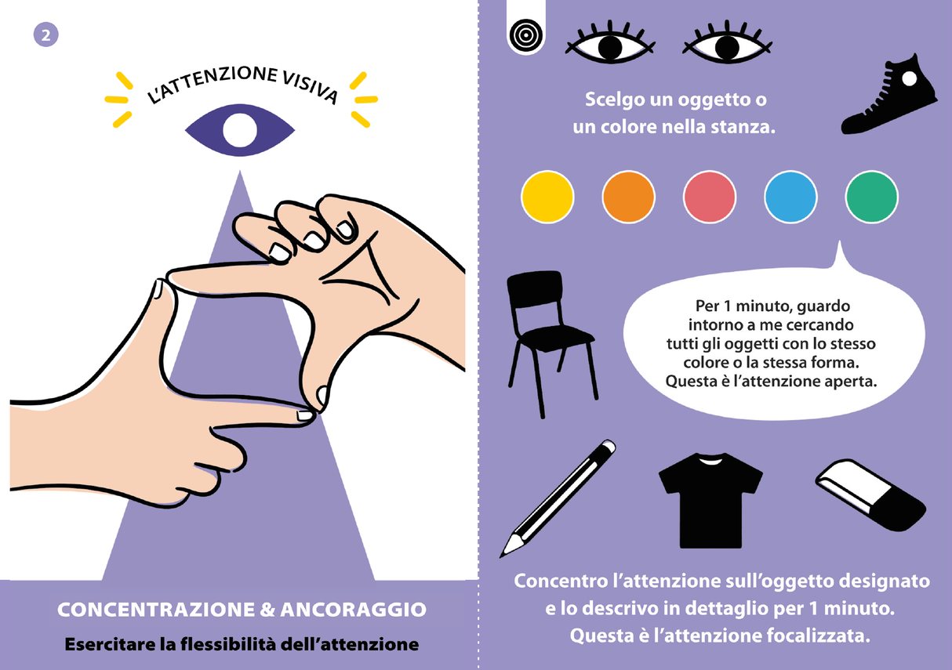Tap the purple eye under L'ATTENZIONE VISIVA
(239, 129)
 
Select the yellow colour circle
(547, 197)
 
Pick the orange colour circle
(628, 197)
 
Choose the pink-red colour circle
(710, 197)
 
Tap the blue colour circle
(790, 197)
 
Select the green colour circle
(872, 197)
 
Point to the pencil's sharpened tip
(507, 548)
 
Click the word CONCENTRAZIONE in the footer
(152, 610)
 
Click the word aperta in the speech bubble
(851, 382)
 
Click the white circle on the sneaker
(909, 78)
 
